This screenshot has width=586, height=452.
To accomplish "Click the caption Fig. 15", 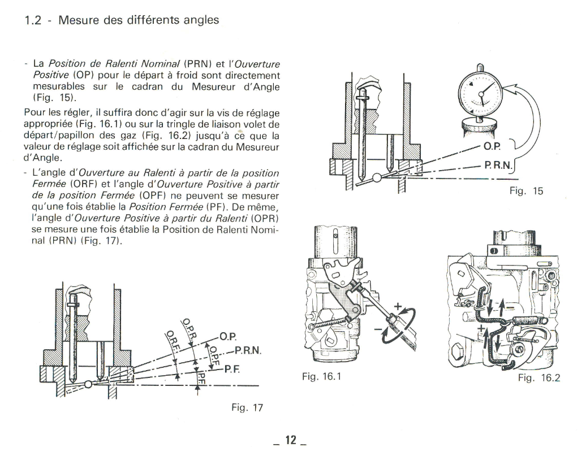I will [x=525, y=192].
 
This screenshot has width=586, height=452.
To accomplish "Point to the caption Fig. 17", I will [x=247, y=407].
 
